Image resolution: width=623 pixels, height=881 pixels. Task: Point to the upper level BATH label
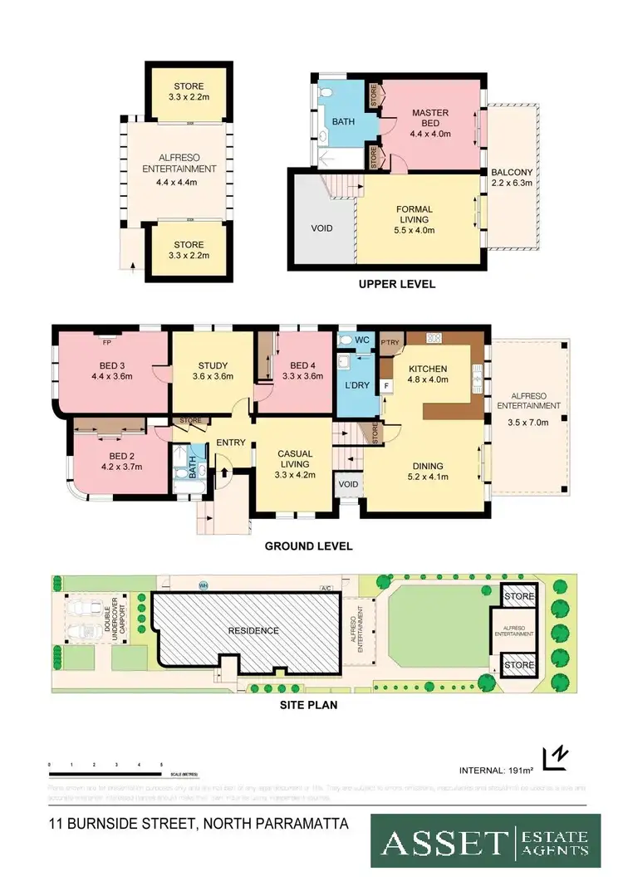(343, 121)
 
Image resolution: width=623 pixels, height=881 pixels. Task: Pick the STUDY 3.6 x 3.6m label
(213, 370)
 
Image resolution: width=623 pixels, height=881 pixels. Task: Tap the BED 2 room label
(120, 461)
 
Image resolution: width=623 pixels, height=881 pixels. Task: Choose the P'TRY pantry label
(390, 342)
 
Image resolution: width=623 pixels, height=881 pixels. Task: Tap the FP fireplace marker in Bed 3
(106, 340)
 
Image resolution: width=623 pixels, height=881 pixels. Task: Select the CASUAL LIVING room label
(296, 458)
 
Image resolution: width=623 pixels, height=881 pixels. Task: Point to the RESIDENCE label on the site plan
(254, 630)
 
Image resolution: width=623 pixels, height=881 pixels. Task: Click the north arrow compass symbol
(554, 758)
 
